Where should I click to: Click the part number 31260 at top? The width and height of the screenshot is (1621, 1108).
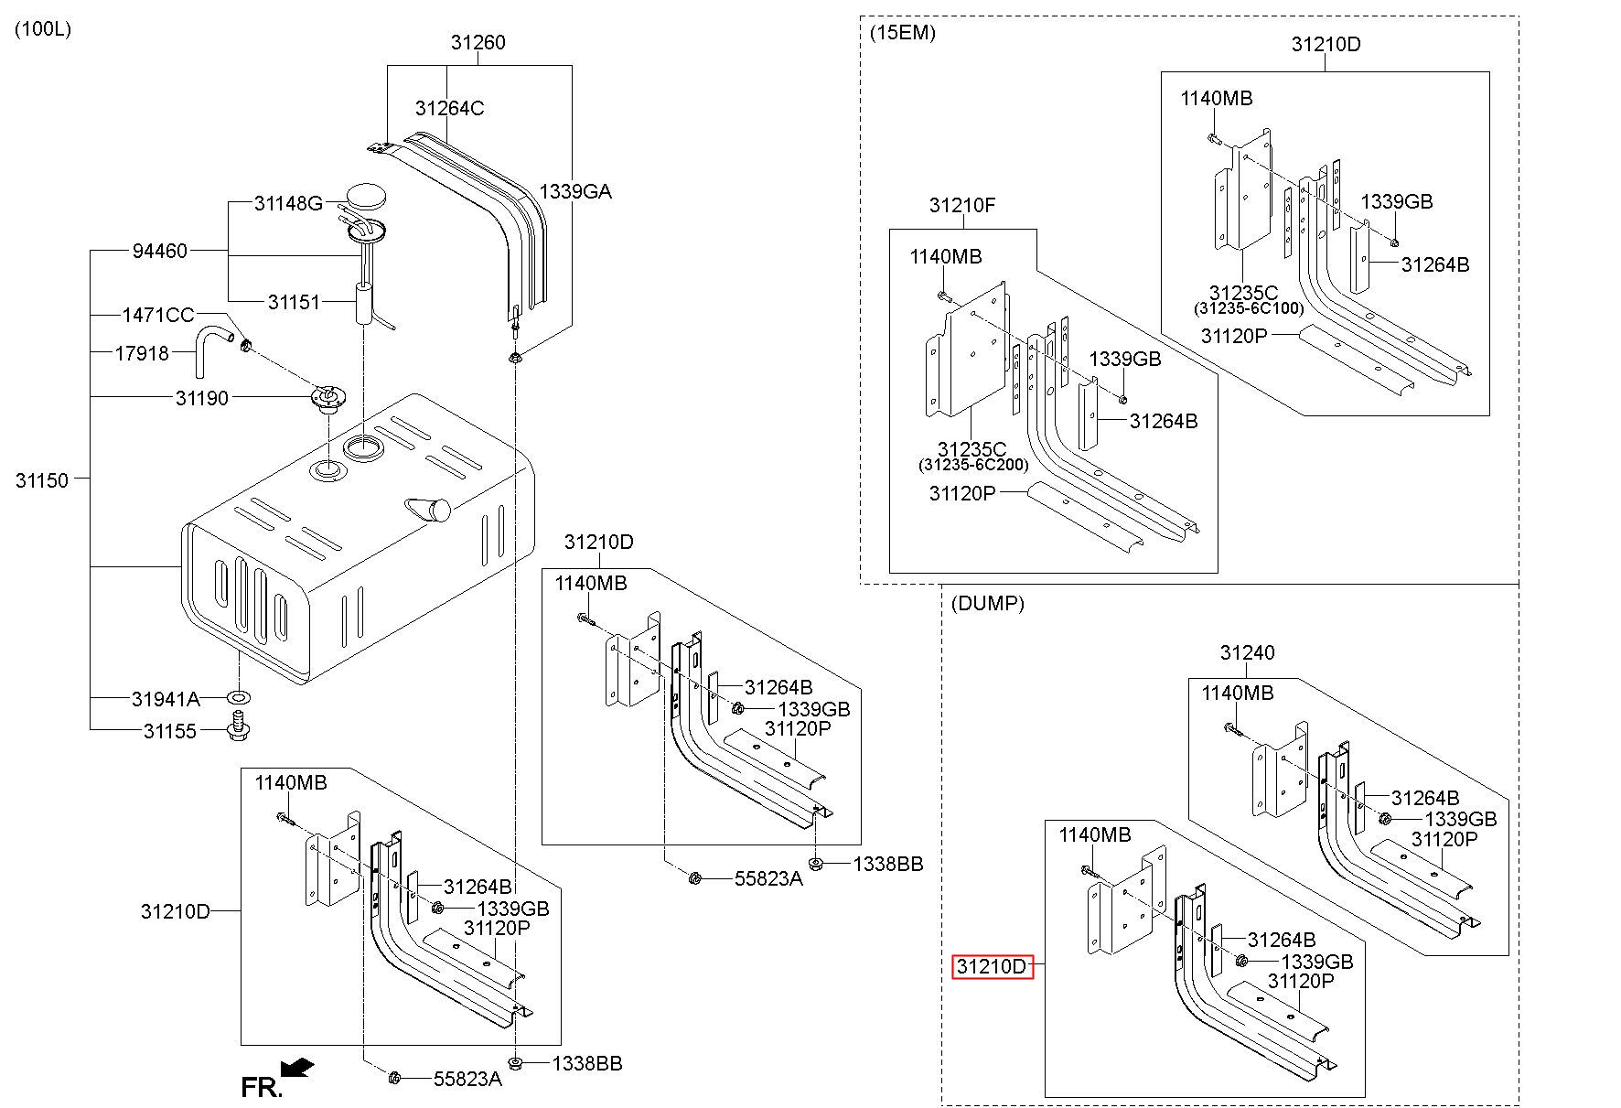point(478,42)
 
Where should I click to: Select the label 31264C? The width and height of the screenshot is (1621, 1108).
point(449,108)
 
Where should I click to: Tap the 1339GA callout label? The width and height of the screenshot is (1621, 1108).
point(575,191)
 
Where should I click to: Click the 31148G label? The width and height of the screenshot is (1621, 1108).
point(288,203)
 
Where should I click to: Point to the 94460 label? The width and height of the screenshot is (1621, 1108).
point(160,251)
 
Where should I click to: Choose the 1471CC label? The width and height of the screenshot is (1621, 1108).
point(158,316)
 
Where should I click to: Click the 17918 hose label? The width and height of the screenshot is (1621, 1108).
point(142,353)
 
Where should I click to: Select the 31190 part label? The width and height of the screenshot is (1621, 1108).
point(202,398)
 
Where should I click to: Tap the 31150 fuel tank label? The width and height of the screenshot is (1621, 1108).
point(42,480)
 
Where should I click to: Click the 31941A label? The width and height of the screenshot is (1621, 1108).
point(166,700)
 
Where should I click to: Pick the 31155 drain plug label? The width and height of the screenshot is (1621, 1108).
point(170,732)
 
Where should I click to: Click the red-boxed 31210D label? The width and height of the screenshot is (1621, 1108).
point(993,967)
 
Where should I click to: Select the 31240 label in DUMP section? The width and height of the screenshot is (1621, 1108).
point(1247,652)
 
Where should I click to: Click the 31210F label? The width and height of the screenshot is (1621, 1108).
point(962,205)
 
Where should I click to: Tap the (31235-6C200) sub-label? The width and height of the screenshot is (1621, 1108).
point(973,466)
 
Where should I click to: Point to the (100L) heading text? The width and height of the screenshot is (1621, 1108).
point(43,28)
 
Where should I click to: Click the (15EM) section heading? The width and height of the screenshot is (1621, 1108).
point(903,34)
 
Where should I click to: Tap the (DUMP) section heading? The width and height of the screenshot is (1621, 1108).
point(988,604)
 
